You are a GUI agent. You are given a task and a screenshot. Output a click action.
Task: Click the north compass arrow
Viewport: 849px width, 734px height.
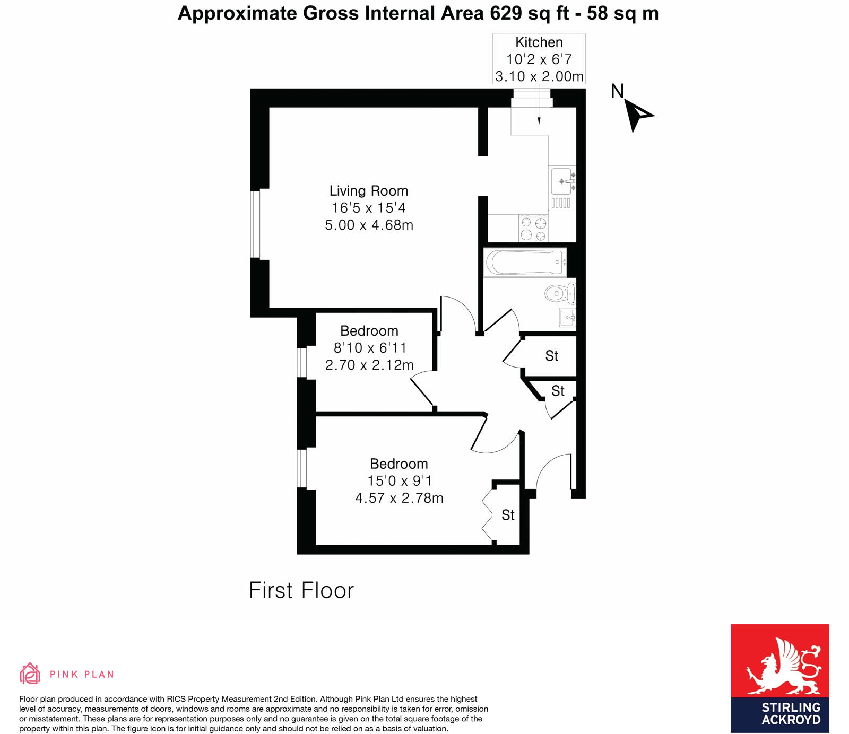[637, 114]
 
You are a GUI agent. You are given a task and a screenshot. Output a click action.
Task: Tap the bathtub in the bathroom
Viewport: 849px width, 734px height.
[525, 262]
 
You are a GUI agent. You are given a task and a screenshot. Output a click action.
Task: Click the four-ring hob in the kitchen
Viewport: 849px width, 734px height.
[533, 229]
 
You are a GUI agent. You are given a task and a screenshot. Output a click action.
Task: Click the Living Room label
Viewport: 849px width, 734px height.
[369, 191]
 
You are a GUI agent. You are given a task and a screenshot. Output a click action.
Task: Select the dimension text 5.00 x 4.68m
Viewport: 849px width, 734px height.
[369, 225]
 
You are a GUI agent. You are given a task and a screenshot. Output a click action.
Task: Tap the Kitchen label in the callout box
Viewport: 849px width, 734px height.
[539, 42]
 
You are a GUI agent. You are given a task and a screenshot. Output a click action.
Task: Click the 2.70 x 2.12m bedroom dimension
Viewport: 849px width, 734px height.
[369, 365]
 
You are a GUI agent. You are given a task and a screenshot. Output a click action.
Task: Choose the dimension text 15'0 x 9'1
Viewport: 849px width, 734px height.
[400, 481]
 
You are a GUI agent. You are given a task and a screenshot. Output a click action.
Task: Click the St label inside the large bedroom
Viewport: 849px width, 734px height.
[508, 515]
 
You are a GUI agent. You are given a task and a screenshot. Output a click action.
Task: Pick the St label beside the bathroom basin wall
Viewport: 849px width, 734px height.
[551, 356]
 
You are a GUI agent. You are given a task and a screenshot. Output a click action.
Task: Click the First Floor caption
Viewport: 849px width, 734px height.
[301, 590]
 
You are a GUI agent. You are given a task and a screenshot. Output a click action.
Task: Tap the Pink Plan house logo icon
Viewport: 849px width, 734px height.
[30, 674]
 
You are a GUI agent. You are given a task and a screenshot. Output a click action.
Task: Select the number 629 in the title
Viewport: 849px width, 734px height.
[506, 13]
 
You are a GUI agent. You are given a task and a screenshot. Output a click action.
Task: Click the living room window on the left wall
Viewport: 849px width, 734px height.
[255, 224]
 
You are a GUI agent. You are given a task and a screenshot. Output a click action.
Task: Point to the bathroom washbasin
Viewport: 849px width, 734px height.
[567, 318]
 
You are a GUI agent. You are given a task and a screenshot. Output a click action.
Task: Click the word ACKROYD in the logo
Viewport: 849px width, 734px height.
[791, 720]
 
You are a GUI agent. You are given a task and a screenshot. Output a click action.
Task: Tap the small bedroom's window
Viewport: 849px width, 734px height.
[302, 362]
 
